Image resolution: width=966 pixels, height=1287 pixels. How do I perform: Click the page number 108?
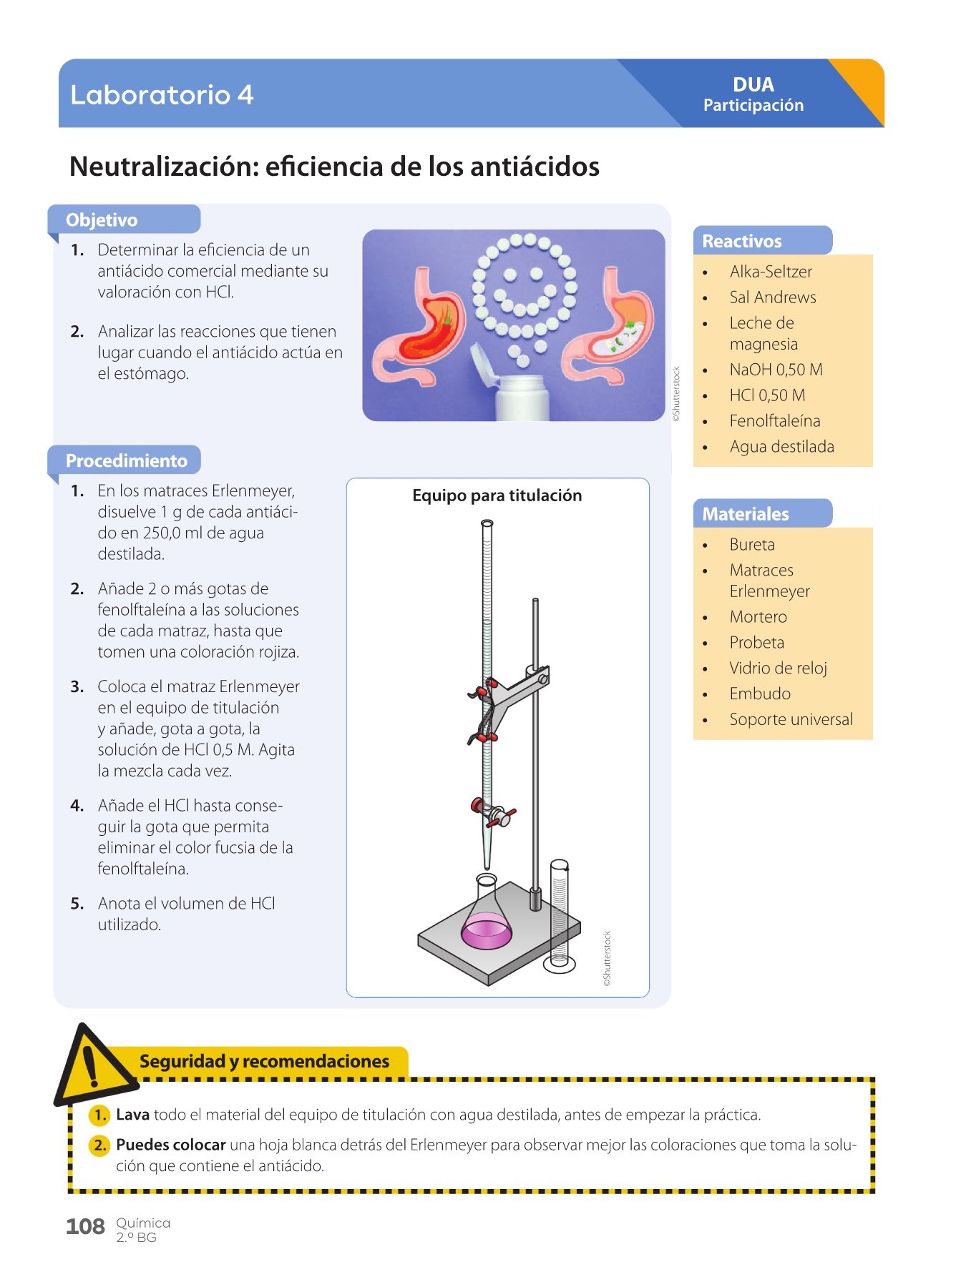tap(85, 1226)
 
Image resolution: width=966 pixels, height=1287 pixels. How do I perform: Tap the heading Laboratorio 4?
tap(162, 94)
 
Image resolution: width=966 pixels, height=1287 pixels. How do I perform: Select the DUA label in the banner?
tap(753, 85)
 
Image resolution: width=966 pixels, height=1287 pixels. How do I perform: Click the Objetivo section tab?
tap(102, 220)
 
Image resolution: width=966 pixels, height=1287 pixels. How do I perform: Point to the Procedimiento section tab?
tap(126, 460)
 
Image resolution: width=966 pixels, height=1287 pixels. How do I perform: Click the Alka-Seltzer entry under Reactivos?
tap(771, 272)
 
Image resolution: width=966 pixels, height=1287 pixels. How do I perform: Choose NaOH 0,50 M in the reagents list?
tap(776, 370)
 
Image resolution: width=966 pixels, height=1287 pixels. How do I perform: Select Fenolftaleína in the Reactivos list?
tap(774, 421)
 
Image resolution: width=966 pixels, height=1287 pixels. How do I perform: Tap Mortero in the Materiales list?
tap(758, 617)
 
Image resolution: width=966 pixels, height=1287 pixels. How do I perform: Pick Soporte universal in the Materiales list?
tap(791, 719)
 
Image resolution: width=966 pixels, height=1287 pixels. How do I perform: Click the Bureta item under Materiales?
tap(752, 545)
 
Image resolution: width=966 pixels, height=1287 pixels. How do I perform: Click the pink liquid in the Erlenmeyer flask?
tap(487, 931)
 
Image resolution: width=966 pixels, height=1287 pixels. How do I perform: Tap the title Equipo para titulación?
tap(497, 495)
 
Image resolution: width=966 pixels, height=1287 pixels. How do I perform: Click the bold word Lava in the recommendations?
tap(132, 1115)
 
